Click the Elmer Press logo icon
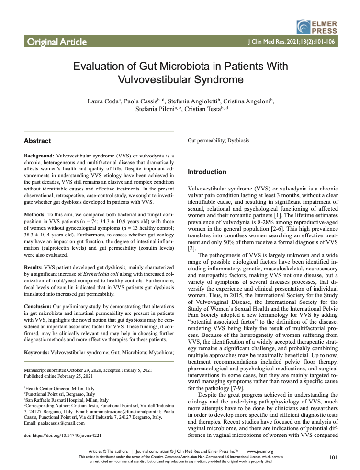coord(304,26)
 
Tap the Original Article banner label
coord(57,42)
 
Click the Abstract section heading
coord(37,141)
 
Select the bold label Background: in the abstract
coord(39,156)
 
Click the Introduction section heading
coord(207,172)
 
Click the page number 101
coord(334,458)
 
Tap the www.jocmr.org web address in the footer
coord(259,451)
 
